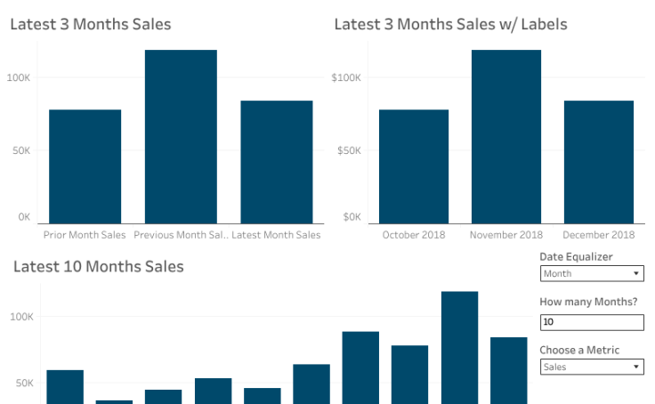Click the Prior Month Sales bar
point(85,166)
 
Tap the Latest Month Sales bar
point(276,162)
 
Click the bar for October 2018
point(414,166)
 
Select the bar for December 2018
point(599,162)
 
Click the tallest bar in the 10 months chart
point(459,347)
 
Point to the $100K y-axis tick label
point(346,77)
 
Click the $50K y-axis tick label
point(349,150)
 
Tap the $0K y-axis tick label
point(352,216)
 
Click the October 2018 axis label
point(414,235)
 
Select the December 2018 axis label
point(599,235)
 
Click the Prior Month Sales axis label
point(85,235)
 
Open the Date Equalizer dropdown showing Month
point(591,274)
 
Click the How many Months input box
point(591,322)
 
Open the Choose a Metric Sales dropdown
point(591,367)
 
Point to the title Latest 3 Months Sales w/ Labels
point(450,24)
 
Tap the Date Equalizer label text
point(576,257)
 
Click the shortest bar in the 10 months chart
point(114,401)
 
